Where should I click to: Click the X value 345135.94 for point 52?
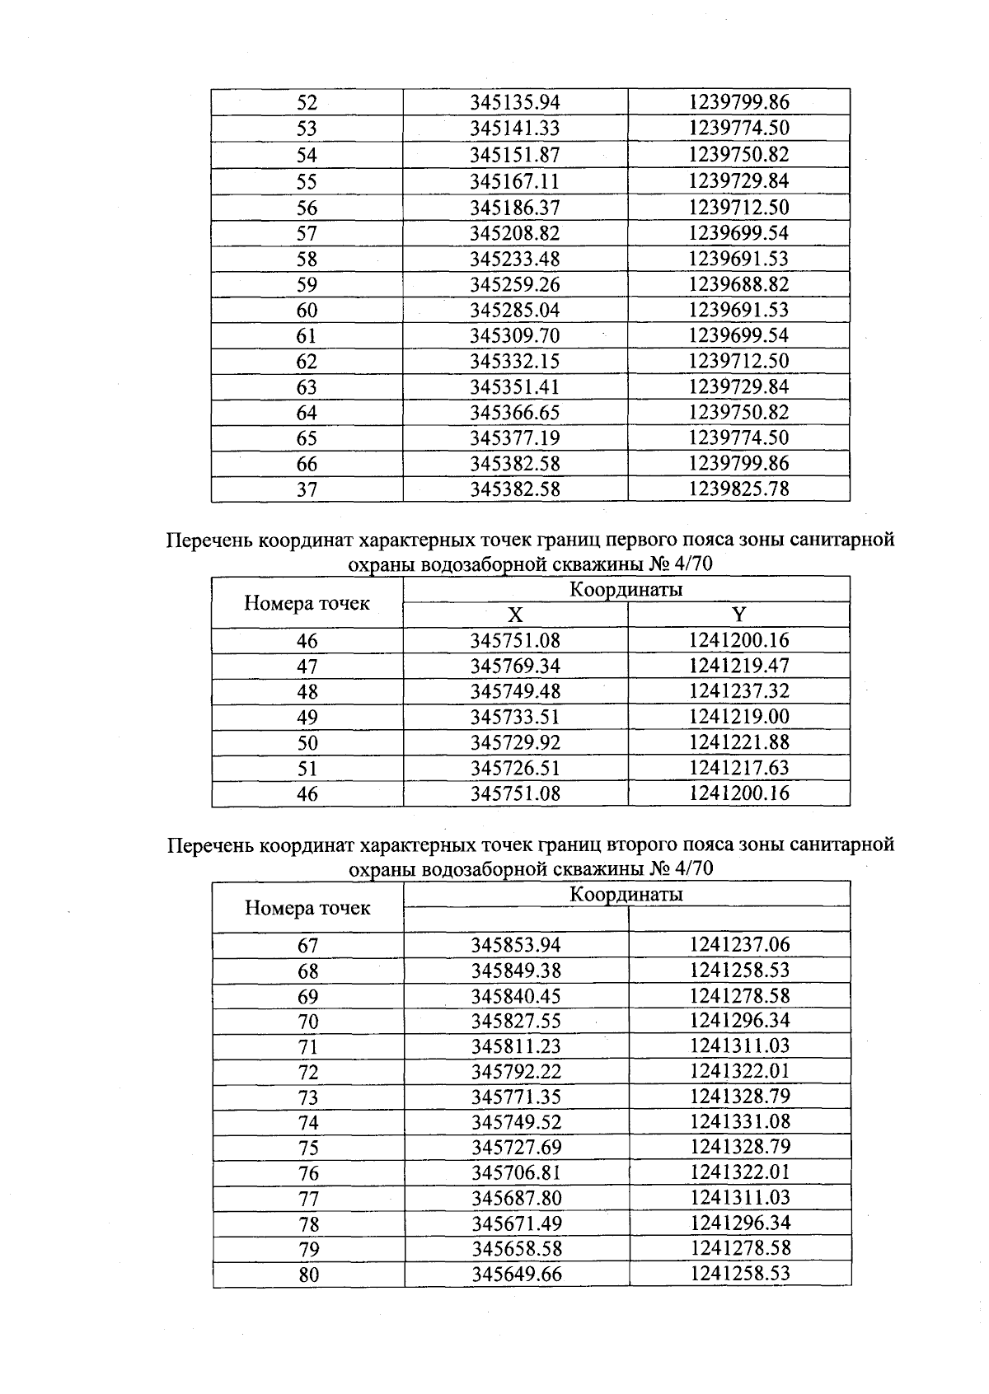515,102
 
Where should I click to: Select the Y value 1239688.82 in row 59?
738,284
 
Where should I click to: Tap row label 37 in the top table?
307,489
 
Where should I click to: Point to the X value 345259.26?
515,284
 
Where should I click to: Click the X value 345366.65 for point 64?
515,412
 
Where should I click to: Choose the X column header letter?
515,615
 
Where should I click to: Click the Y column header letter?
738,615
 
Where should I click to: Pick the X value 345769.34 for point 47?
515,666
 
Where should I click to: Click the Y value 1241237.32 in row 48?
738,691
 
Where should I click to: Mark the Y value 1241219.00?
738,717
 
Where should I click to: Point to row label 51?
307,769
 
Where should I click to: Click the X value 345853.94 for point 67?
516,945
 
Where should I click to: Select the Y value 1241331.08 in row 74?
739,1121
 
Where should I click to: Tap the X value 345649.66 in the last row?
516,1274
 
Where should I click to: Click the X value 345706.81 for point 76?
516,1172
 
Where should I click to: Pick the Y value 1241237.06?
739,944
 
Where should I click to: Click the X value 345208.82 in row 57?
515,233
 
